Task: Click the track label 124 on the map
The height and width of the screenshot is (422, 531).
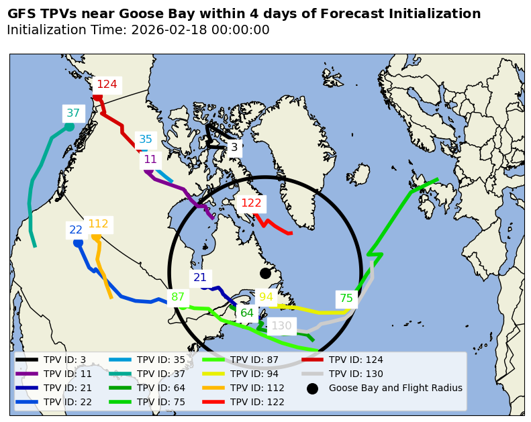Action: [x=107, y=85]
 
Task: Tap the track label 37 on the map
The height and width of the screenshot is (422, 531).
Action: [x=73, y=113]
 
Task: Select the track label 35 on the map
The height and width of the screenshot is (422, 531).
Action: [x=146, y=140]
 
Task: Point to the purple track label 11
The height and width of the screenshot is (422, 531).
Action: [x=150, y=160]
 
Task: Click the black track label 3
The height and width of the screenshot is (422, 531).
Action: [x=234, y=147]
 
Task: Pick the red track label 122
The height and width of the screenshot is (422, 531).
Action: [x=251, y=203]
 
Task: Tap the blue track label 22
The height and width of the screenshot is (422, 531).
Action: [x=76, y=230]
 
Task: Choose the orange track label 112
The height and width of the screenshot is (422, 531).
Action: [x=98, y=224]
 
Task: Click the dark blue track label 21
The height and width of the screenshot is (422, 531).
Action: [x=200, y=278]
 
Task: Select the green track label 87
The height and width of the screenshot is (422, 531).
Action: [x=178, y=297]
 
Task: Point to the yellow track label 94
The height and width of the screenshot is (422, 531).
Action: [x=267, y=297]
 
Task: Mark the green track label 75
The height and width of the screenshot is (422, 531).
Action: [x=346, y=299]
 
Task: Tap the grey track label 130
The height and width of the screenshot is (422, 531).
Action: [x=281, y=326]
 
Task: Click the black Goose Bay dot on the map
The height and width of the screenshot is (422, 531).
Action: [x=265, y=273]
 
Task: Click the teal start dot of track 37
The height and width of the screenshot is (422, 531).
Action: [x=69, y=127]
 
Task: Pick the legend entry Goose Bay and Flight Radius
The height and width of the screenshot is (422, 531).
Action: [x=395, y=388]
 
